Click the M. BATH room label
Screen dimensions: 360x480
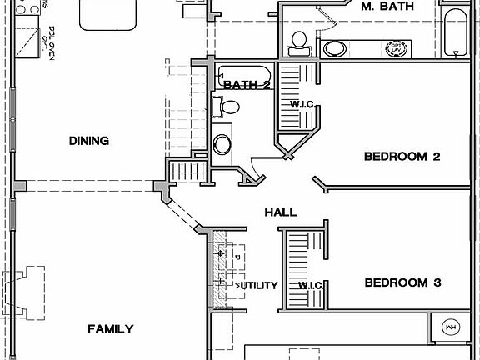click(388, 7)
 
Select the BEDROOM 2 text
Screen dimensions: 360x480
click(402, 157)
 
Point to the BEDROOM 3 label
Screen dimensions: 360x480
click(402, 283)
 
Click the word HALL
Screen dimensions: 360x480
click(281, 213)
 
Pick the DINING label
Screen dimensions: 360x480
click(89, 141)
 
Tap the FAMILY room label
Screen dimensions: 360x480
click(110, 329)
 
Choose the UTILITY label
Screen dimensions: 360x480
click(257, 286)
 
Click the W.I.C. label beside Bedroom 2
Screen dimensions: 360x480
click(300, 104)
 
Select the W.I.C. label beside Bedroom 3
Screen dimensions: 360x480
click(310, 286)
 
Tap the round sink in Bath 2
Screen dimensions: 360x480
click(222, 144)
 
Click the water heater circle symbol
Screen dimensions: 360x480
click(451, 327)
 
